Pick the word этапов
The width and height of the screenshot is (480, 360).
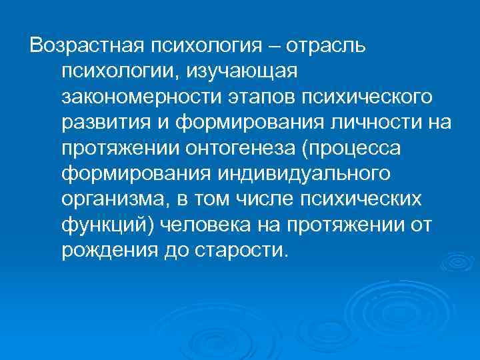pyautogui.click(x=254, y=98)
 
